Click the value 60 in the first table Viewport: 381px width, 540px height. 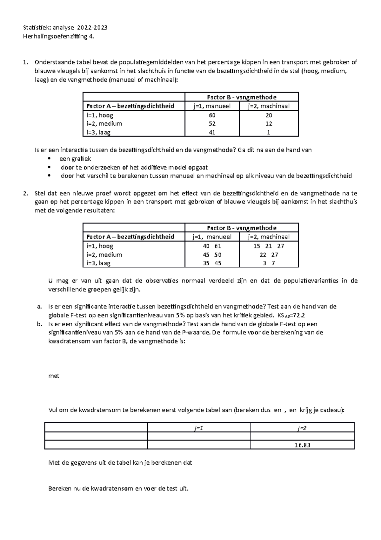pyautogui.click(x=212, y=115)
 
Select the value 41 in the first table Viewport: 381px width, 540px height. pyautogui.click(x=212, y=133)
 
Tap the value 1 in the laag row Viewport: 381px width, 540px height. pyautogui.click(x=269, y=133)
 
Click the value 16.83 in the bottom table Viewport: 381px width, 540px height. pyautogui.click(x=302, y=445)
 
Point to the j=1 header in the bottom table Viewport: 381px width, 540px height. pyautogui.click(x=199, y=428)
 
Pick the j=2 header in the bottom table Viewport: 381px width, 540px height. pyautogui.click(x=302, y=428)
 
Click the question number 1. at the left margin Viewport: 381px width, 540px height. pyautogui.click(x=26, y=62)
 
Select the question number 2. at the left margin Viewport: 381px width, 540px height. pyautogui.click(x=26, y=193)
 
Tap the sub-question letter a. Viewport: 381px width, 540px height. pyautogui.click(x=39, y=307)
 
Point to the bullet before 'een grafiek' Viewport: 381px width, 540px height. pyautogui.click(x=49, y=159)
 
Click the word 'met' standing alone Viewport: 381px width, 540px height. pyautogui.click(x=54, y=376)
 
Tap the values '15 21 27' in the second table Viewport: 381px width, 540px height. pyautogui.click(x=269, y=246)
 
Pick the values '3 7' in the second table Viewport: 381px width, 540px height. pyautogui.click(x=269, y=263)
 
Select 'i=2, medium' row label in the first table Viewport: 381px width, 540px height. pyautogui.click(x=104, y=124)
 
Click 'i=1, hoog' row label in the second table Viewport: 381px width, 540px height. pyautogui.click(x=100, y=246)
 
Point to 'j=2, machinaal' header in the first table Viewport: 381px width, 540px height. pyautogui.click(x=269, y=106)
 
